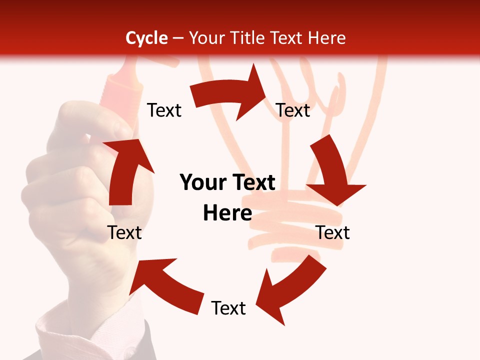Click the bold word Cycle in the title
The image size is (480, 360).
[x=146, y=38]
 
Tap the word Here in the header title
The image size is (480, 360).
[x=327, y=38]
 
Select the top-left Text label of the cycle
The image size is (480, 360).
[x=164, y=110]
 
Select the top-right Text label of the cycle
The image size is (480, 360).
[x=293, y=110]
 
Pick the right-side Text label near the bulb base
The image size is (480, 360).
[x=332, y=232]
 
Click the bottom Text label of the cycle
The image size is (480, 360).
[x=228, y=308]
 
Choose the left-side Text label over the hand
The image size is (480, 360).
[x=124, y=232]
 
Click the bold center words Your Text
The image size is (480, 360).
[x=227, y=183]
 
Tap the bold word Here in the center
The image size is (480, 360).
[x=227, y=213]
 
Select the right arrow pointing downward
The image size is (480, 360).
[x=332, y=170]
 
